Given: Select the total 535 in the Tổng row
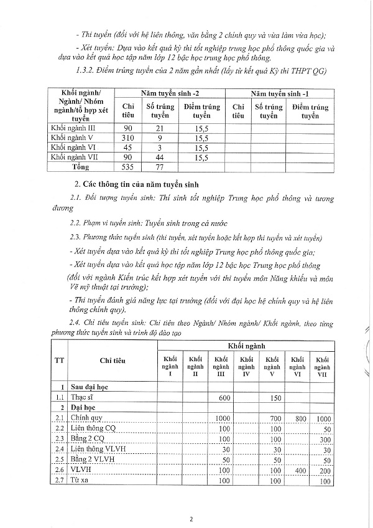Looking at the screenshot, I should [128, 167].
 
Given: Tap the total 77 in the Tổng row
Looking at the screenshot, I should [159, 167].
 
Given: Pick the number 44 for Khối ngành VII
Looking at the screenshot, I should [159, 158].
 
